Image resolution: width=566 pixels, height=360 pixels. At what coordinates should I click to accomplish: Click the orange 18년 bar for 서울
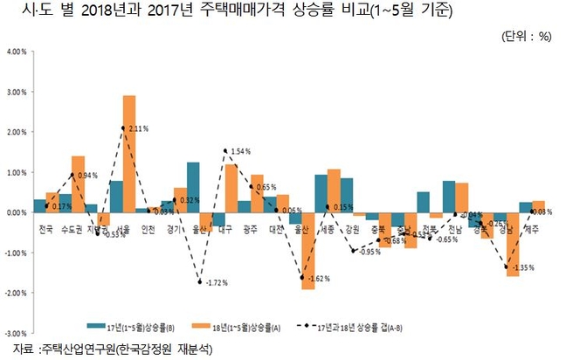coord(128,153)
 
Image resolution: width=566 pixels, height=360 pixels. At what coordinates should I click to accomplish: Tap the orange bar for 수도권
coord(78,183)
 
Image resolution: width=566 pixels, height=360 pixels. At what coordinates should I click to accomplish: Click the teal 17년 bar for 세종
coord(321,193)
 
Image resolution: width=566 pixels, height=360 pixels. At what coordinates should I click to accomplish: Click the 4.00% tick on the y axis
coord(17,51)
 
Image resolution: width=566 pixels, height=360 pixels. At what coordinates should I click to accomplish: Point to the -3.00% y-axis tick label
coord(16,333)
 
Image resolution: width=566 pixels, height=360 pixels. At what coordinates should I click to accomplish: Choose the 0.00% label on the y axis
coord(17,212)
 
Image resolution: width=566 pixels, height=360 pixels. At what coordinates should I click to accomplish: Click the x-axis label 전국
coord(45,230)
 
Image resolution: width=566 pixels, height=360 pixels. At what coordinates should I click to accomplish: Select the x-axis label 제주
coord(531,230)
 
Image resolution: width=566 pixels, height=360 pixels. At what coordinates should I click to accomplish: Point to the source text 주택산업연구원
coord(83,350)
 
